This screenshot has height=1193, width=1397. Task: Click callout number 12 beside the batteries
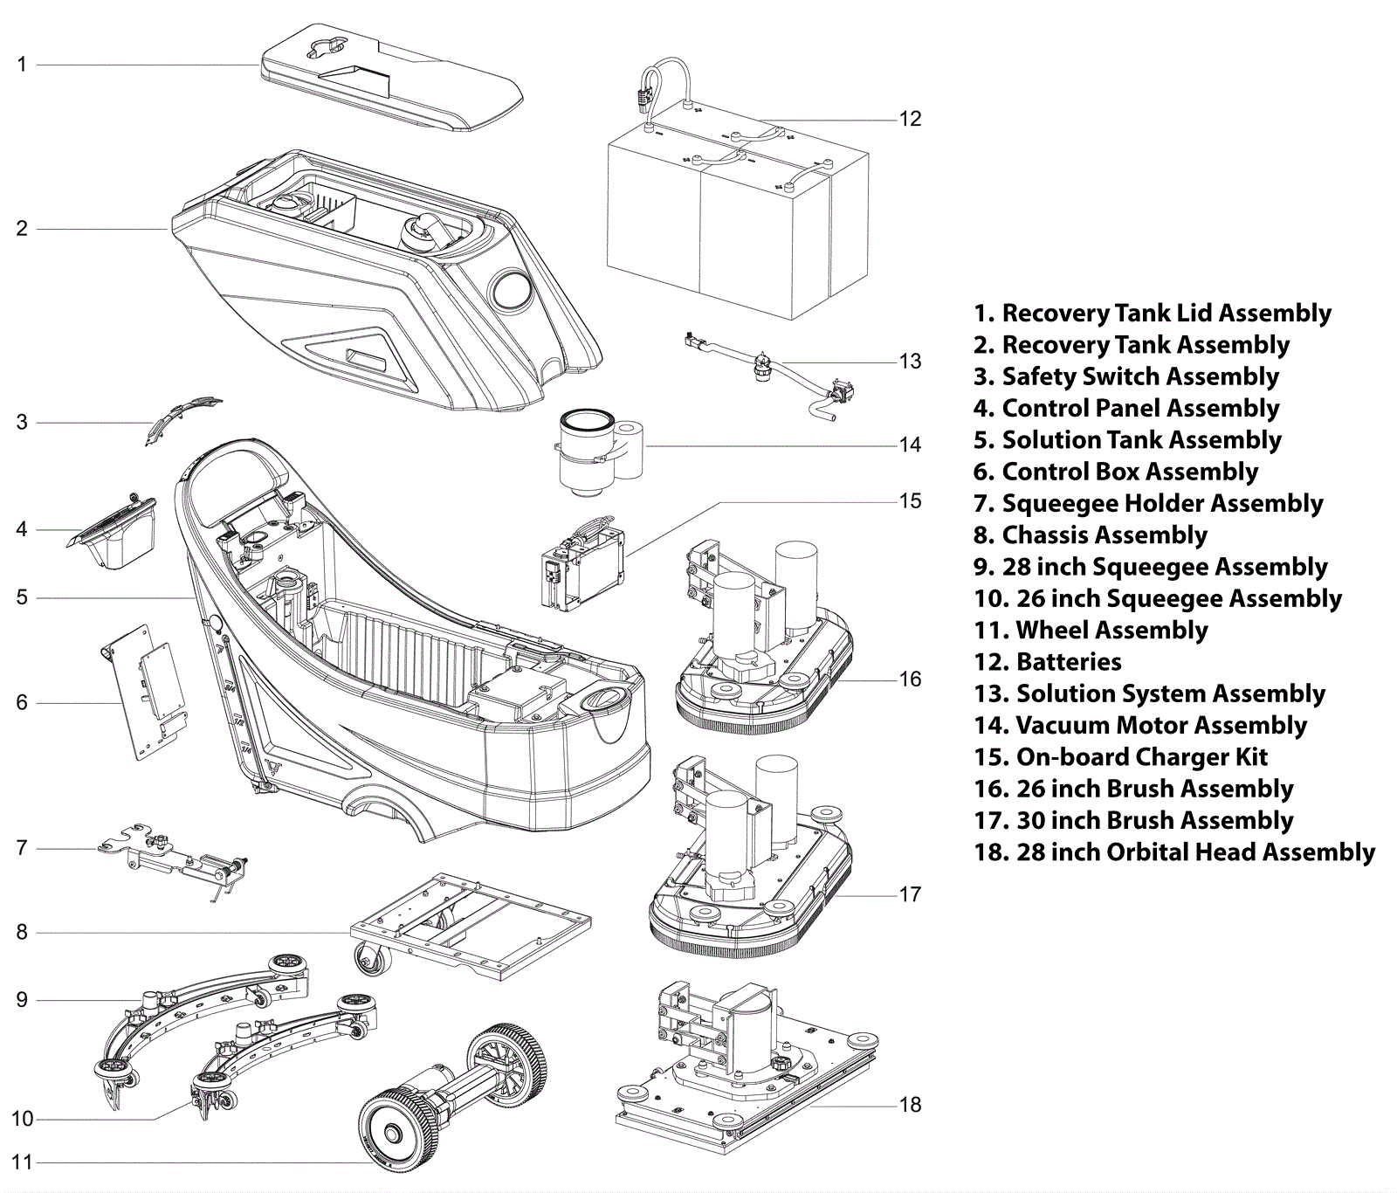click(x=910, y=119)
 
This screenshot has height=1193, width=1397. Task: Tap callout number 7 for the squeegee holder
click(x=22, y=848)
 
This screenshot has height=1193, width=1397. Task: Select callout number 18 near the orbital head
click(x=910, y=1105)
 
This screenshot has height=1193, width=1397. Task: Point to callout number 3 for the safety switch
click(x=22, y=423)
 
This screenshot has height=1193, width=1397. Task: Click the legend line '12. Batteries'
click(x=1048, y=662)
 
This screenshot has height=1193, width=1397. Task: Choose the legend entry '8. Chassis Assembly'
click(x=1091, y=535)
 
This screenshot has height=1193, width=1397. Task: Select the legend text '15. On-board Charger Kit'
click(x=1120, y=757)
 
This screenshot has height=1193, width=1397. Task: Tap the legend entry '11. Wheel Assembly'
click(x=1091, y=631)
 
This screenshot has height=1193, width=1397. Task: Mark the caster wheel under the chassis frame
click(x=372, y=960)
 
